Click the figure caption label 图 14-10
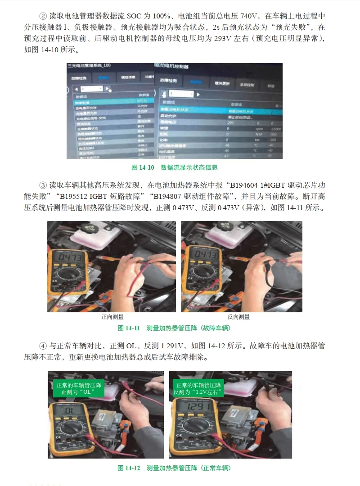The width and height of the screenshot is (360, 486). pyautogui.click(x=143, y=167)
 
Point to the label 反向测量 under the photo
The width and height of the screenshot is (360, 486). pyautogui.click(x=238, y=317)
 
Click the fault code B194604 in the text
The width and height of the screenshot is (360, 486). pyautogui.click(x=246, y=185)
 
